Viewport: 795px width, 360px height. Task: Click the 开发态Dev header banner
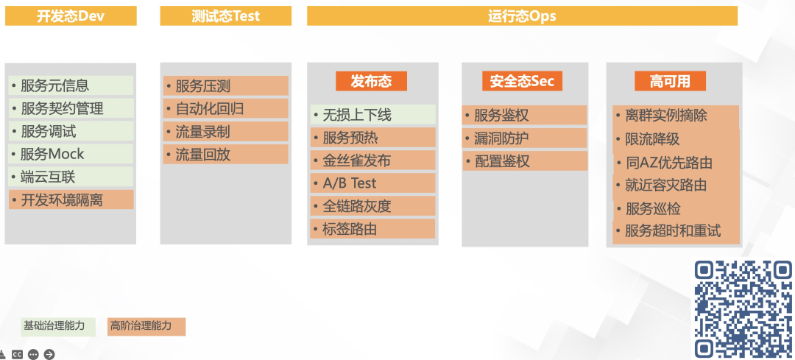pyautogui.click(x=71, y=15)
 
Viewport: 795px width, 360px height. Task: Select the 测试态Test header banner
pyautogui.click(x=225, y=15)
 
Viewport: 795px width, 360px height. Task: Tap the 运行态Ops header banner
pyautogui.click(x=522, y=15)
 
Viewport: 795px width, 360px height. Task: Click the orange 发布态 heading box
pyautogui.click(x=371, y=81)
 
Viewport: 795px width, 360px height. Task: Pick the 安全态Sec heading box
pyautogui.click(x=522, y=81)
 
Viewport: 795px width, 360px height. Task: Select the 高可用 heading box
pyautogui.click(x=670, y=81)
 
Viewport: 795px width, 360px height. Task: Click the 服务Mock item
pyautogui.click(x=71, y=154)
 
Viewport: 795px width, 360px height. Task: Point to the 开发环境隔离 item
pyautogui.click(x=71, y=200)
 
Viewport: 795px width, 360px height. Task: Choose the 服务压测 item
pyautogui.click(x=225, y=86)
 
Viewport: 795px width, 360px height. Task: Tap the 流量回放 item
pyautogui.click(x=225, y=155)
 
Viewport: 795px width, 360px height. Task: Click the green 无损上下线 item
pyautogui.click(x=372, y=115)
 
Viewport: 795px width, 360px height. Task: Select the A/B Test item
pyautogui.click(x=372, y=183)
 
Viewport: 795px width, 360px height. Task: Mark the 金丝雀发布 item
pyautogui.click(x=372, y=160)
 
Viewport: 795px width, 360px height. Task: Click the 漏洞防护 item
pyautogui.click(x=524, y=138)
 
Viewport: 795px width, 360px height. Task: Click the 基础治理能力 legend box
pyautogui.click(x=58, y=326)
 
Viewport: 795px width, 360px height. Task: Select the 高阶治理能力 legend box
pyautogui.click(x=146, y=326)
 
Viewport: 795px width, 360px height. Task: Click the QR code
pyautogui.click(x=743, y=308)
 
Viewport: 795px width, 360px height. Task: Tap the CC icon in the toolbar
pyautogui.click(x=16, y=354)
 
